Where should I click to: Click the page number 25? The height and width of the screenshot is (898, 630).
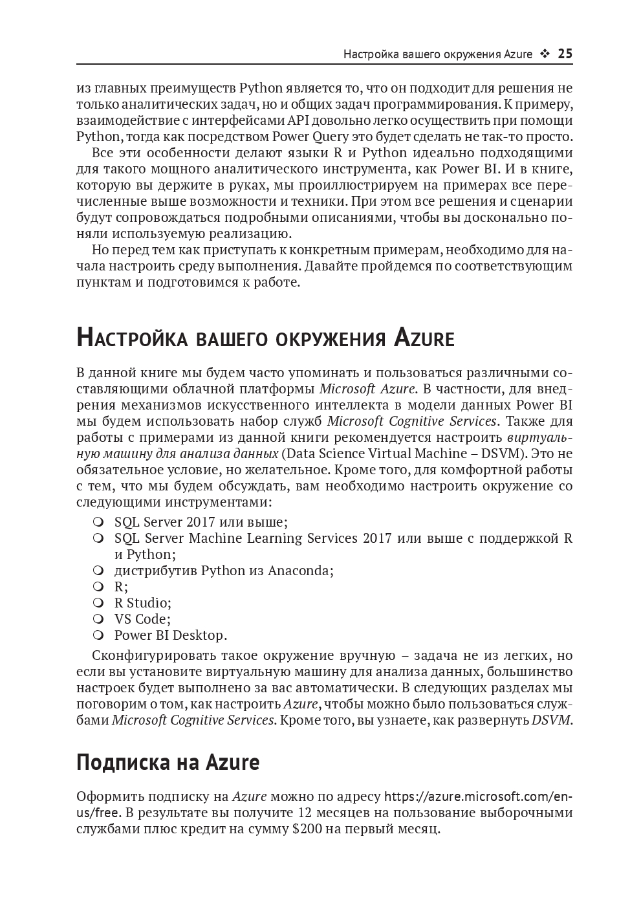565,54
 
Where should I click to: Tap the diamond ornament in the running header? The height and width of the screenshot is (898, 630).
545,54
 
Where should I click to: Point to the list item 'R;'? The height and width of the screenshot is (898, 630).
121,587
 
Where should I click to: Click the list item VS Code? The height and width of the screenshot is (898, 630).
142,619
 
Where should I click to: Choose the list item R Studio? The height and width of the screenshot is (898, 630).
142,603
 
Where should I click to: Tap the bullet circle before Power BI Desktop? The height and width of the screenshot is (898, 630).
98,635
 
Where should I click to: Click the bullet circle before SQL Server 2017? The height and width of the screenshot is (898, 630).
98,522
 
